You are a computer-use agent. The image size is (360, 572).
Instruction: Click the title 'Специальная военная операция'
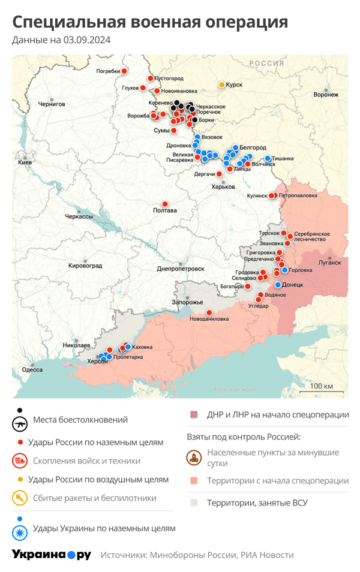pos(150,22)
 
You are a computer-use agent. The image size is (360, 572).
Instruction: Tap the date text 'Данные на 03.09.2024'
pos(61,41)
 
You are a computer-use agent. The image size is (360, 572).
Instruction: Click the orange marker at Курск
pos(221,85)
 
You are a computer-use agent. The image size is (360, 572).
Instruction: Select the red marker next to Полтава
pos(165,204)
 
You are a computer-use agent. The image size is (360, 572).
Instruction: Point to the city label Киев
pos(25,162)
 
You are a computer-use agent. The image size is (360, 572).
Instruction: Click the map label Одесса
pos(32,370)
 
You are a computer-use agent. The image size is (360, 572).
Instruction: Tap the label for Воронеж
pos(326,95)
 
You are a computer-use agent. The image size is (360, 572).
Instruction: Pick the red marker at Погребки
pos(124,71)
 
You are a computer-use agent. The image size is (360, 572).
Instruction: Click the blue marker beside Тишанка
pos(268,158)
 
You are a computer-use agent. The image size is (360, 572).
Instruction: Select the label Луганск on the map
pos(329,263)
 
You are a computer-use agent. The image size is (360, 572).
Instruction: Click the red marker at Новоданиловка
pos(209,312)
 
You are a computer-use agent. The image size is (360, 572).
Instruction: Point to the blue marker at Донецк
pos(278,285)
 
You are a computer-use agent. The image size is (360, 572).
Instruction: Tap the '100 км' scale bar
pos(322,387)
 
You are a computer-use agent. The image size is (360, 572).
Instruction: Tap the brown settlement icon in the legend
pos(194,458)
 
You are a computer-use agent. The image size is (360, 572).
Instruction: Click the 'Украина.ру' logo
pos(52,555)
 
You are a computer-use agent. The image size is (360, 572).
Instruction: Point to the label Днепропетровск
pos(181,269)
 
